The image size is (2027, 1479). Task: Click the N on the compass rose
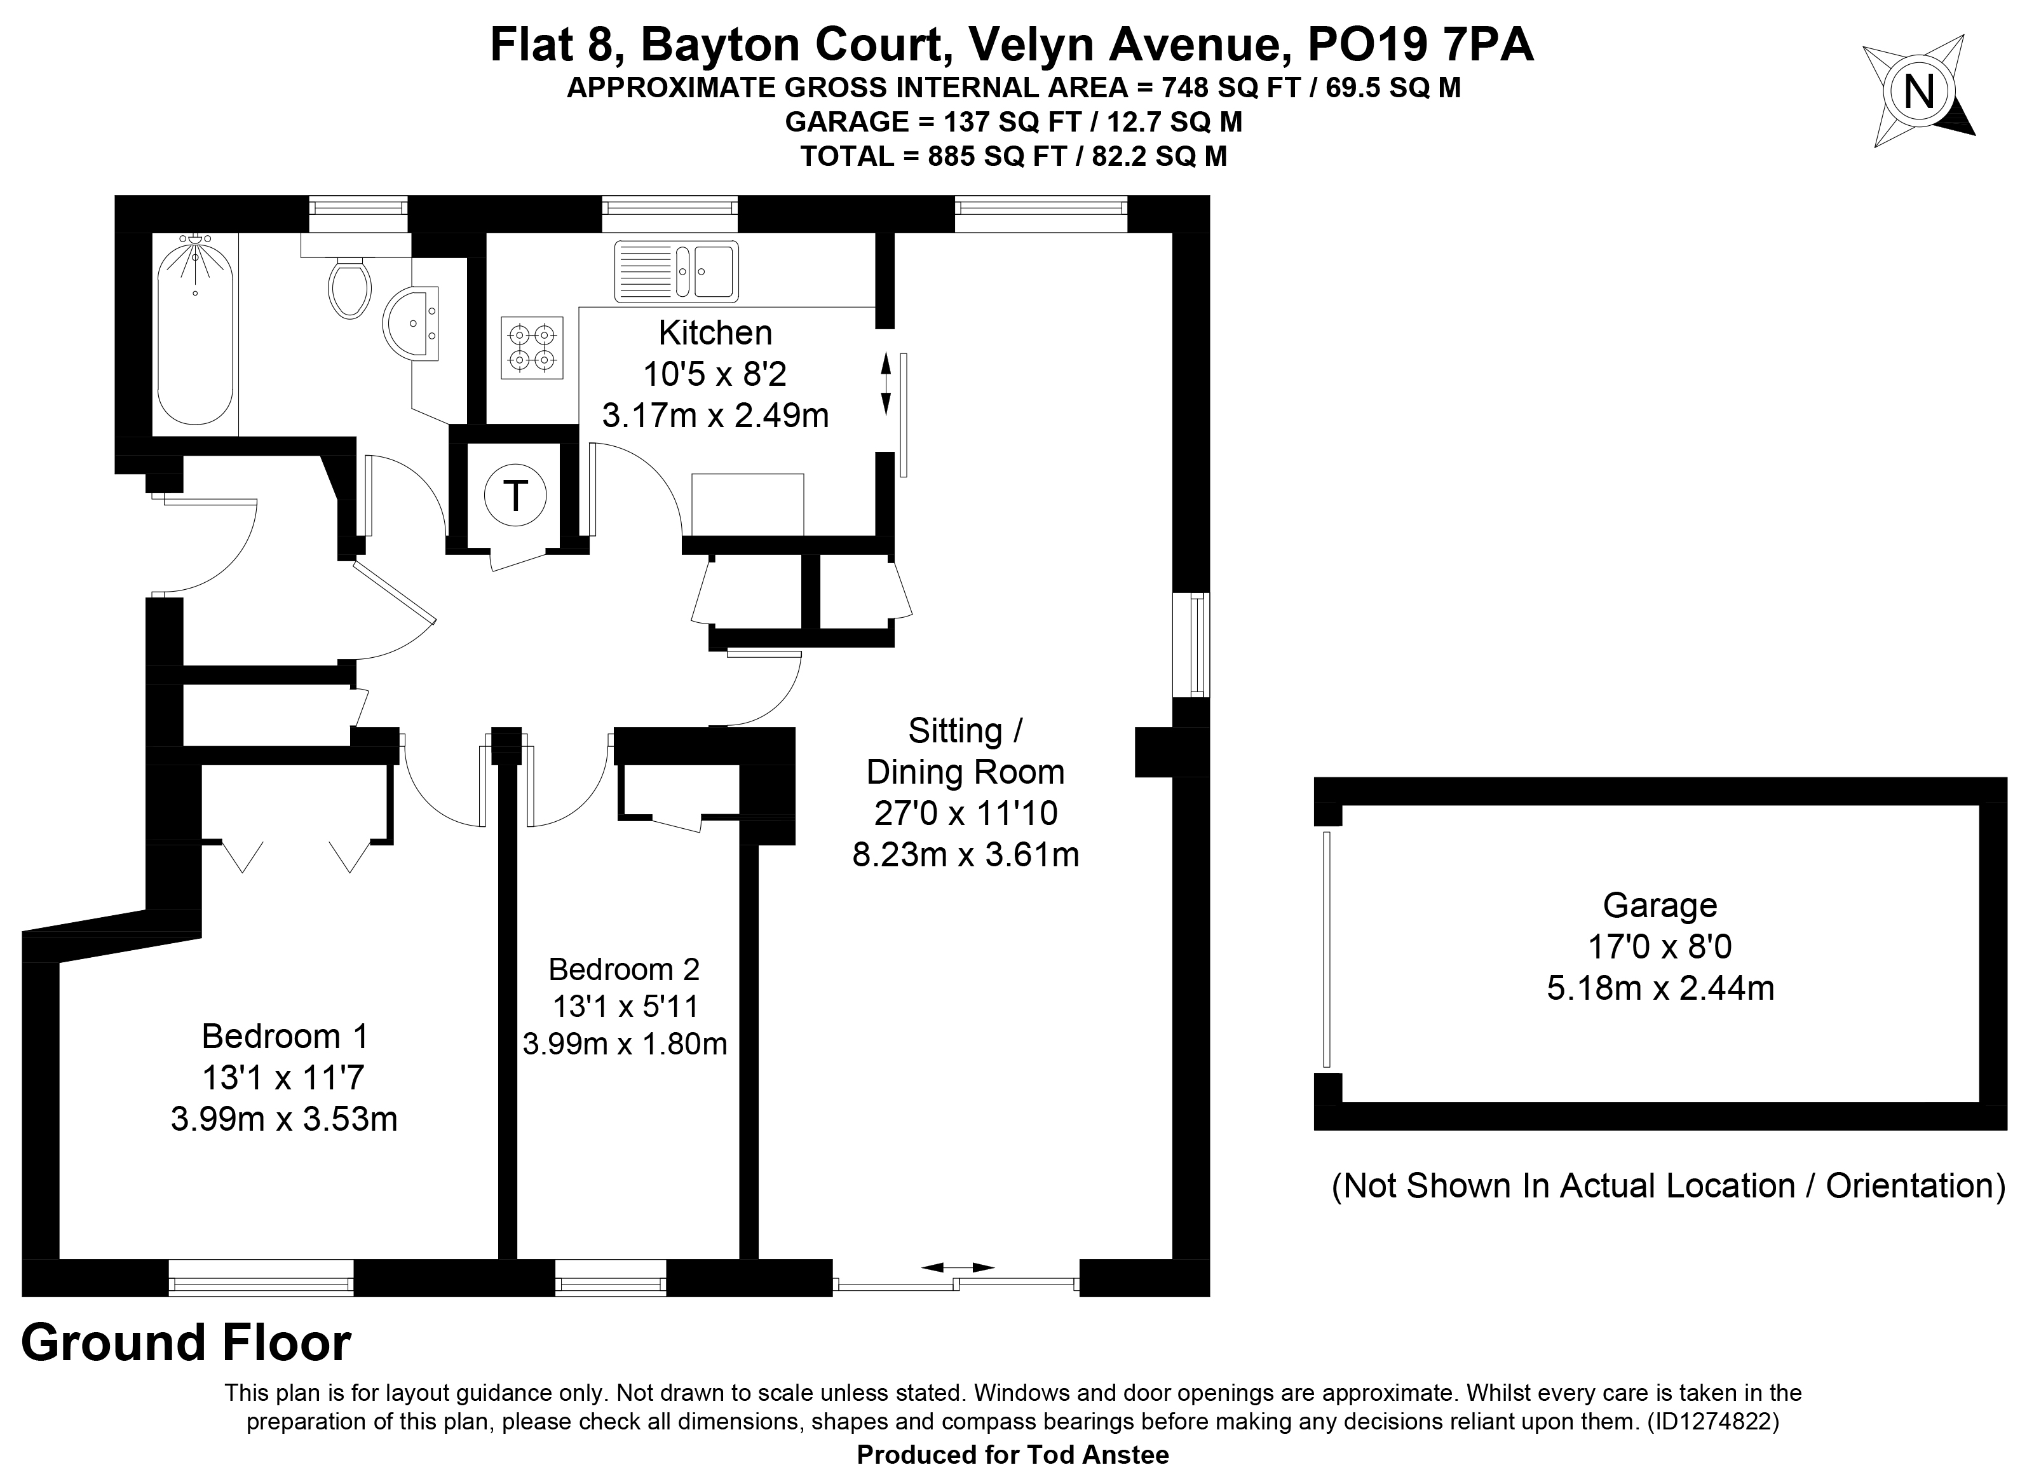[x=1918, y=92]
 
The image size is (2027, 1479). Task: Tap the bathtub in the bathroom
[x=195, y=328]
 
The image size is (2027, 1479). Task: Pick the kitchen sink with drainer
[x=677, y=270]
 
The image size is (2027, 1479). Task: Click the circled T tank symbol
[x=515, y=495]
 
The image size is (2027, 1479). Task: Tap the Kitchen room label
[x=715, y=333]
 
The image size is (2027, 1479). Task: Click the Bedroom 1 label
[x=285, y=1036]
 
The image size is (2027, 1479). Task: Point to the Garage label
[x=1660, y=905]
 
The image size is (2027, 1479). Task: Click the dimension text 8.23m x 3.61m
[x=966, y=855]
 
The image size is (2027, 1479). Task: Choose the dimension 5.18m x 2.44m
[x=1661, y=988]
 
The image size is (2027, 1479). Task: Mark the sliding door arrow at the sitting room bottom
[x=958, y=1268]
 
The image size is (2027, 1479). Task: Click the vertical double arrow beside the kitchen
[x=886, y=384]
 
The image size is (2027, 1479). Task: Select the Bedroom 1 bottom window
[x=261, y=1278]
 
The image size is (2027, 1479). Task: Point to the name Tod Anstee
[x=1093, y=1455]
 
